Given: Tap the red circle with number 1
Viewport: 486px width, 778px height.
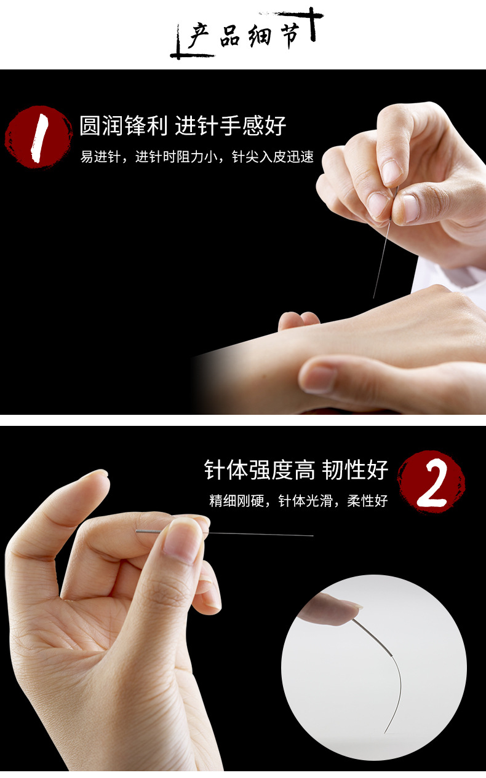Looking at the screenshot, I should [x=38, y=136].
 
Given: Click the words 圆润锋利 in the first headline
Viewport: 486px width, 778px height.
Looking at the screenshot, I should [x=123, y=126].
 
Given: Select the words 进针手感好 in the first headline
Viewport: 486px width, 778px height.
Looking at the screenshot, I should [x=231, y=126].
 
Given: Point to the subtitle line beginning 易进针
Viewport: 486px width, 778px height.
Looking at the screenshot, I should [x=197, y=157].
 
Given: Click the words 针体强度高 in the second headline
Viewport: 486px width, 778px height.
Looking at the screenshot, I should [x=259, y=470].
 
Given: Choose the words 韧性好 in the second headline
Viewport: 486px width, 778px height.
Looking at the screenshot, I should [x=357, y=470].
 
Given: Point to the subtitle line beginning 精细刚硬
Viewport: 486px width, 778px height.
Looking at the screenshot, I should [x=298, y=501].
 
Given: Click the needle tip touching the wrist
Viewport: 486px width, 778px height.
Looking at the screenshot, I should [x=374, y=297].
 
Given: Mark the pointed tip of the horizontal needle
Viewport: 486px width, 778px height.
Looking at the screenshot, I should [x=313, y=535].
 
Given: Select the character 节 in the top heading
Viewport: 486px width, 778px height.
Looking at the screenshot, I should [x=292, y=36].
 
